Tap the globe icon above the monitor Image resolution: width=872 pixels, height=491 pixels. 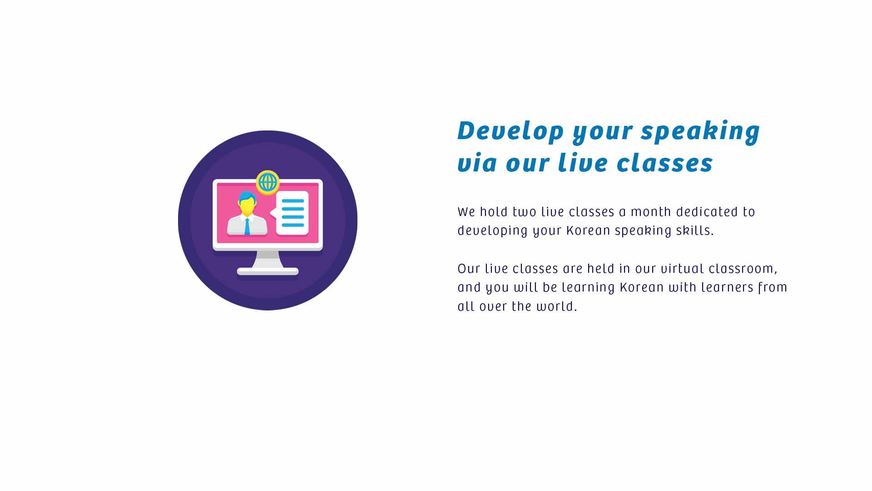pyautogui.click(x=268, y=182)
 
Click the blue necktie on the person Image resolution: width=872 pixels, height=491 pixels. pyautogui.click(x=247, y=226)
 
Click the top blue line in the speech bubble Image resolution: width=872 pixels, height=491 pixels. pyautogui.click(x=293, y=201)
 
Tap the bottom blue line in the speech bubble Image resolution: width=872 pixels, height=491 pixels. pyautogui.click(x=293, y=225)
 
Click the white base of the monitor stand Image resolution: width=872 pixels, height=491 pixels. pyautogui.click(x=268, y=272)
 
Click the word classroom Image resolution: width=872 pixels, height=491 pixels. pyautogui.click(x=743, y=269)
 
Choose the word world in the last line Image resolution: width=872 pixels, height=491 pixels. pyautogui.click(x=557, y=306)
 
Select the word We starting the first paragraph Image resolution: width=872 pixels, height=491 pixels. pyautogui.click(x=466, y=212)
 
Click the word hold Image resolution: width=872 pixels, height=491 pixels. pyautogui.click(x=494, y=212)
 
